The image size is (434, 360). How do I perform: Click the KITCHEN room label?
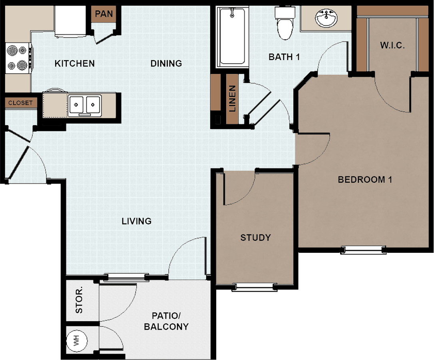pos(74,64)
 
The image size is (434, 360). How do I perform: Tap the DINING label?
pos(166,64)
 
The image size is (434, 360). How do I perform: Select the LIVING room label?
pos(136,221)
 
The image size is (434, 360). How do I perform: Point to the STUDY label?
pos(255,238)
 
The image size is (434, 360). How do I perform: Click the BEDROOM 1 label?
pos(365,180)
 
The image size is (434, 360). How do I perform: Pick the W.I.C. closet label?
pos(392,45)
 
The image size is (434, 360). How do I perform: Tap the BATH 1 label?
pos(284,57)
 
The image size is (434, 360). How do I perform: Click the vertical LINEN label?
pos(232,98)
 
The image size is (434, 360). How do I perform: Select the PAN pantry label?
pos(104,14)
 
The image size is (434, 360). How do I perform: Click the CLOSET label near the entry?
pos(20,103)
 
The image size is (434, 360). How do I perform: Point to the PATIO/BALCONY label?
pos(166,321)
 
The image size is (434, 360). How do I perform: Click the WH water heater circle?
pos(77,341)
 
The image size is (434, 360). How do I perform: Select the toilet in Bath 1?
pos(285,23)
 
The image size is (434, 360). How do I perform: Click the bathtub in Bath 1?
pos(233,37)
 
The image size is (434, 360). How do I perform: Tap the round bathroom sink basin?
pos(326,18)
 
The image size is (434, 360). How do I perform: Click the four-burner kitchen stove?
pos(19,58)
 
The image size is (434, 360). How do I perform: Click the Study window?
pos(255,287)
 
